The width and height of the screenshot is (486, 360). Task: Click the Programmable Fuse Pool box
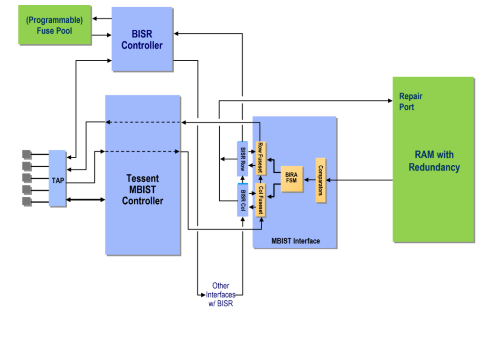tap(55, 25)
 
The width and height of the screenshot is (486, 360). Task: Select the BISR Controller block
tap(142, 39)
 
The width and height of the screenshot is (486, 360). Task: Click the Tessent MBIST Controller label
tap(142, 189)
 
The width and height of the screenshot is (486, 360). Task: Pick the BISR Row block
tap(243, 158)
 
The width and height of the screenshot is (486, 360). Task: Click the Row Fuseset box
tap(260, 158)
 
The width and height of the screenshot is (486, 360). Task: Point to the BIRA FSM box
tap(291, 179)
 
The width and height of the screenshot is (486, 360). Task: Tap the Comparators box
tap(320, 180)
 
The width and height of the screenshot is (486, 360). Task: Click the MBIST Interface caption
tap(295, 241)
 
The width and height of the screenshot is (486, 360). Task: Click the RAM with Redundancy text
tap(434, 161)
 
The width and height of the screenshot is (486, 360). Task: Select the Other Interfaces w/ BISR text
tap(221, 294)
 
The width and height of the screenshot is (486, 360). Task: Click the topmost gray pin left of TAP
tap(27, 154)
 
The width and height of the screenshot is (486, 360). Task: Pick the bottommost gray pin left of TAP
tap(27, 201)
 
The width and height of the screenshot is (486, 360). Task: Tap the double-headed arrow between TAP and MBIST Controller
tap(85, 199)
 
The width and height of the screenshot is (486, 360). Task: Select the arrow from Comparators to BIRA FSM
tap(309, 180)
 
